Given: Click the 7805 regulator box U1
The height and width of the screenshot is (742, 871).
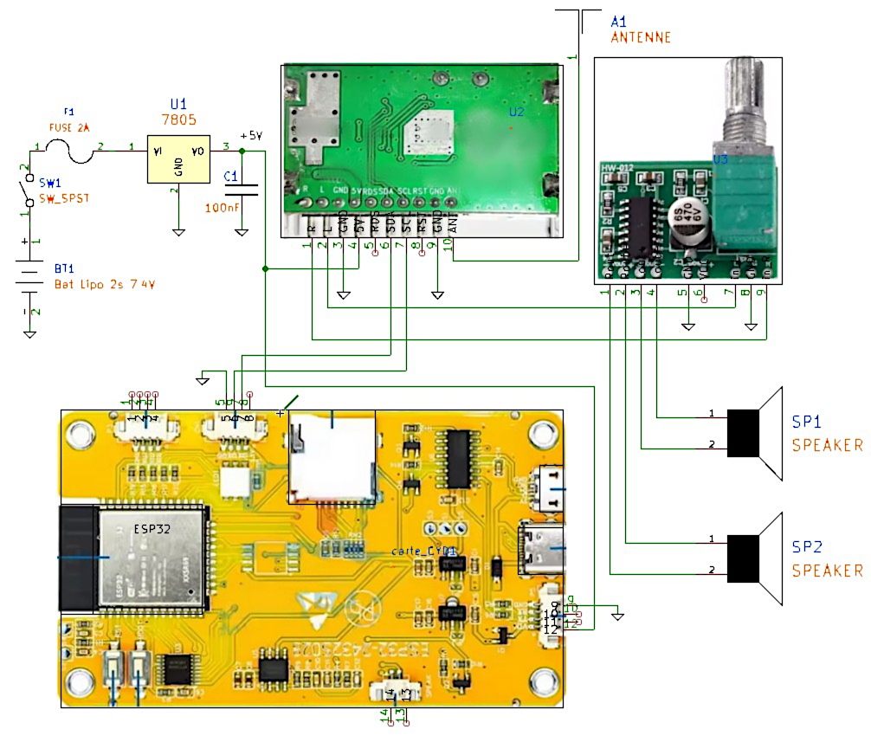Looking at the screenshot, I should pos(177,159).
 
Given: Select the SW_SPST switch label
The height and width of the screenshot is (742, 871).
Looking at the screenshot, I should pos(63,198).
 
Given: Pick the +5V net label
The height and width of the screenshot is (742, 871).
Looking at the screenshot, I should pos(249,136).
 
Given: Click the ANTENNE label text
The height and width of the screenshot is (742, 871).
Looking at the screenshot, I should pos(640,38).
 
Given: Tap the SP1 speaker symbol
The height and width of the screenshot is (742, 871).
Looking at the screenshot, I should pos(753,433).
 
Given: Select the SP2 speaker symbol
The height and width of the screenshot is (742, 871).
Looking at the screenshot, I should pos(753,558).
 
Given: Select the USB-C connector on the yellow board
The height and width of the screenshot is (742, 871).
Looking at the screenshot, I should pos(541,549).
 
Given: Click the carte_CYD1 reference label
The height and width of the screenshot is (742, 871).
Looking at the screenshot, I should pos(423,551).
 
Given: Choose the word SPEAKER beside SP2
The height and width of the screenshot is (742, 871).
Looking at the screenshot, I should pos(828,571).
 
